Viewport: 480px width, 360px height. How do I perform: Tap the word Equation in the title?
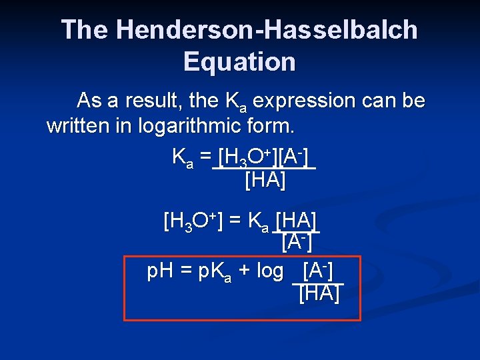239,62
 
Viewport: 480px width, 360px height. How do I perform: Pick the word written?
78,125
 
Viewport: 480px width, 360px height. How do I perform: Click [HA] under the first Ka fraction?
265,179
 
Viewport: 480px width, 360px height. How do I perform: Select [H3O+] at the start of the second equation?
193,221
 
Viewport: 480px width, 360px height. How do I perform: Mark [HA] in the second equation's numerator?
297,221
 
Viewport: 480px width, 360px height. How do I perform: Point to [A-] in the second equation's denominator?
297,241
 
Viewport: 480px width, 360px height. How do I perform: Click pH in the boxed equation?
160,272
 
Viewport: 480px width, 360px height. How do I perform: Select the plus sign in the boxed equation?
245,272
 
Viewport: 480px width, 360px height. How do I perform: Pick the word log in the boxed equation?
269,273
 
